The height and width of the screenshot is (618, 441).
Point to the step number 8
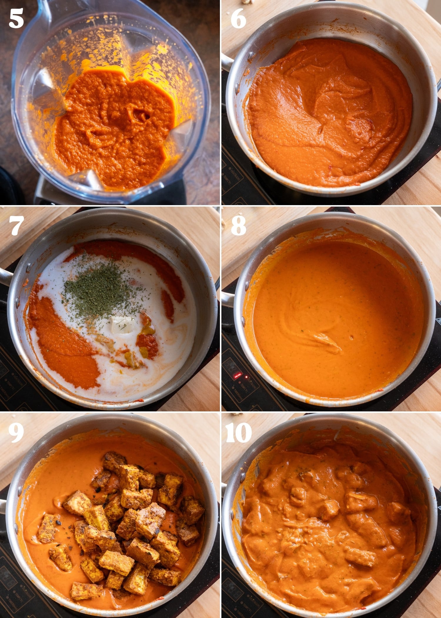[238, 226]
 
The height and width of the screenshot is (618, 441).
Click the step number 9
[16, 433]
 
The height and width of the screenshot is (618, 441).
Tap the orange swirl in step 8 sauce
[326, 341]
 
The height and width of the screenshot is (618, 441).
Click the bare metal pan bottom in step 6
[265, 53]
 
